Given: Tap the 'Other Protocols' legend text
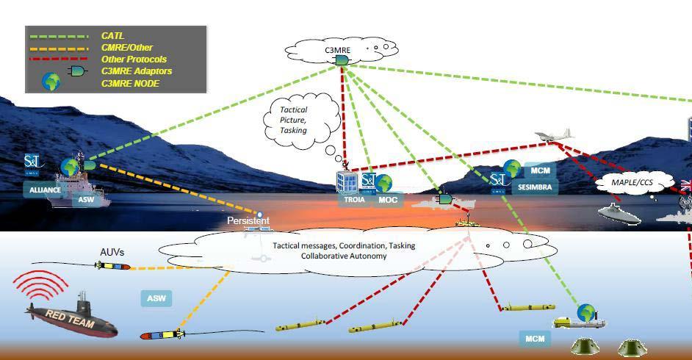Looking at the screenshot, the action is tap(133, 60).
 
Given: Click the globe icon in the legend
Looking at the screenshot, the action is tap(51, 82).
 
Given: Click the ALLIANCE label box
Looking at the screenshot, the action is tap(44, 190).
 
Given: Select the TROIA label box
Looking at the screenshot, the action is tap(353, 199).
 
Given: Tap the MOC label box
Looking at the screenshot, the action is tap(387, 199).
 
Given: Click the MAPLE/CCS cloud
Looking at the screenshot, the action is tap(632, 181).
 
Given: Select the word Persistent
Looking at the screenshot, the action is tap(248, 220).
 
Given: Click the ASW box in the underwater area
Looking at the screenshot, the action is tap(156, 298).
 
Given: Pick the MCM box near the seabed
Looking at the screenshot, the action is tap(534, 339).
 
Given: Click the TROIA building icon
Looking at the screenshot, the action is tap(347, 181).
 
